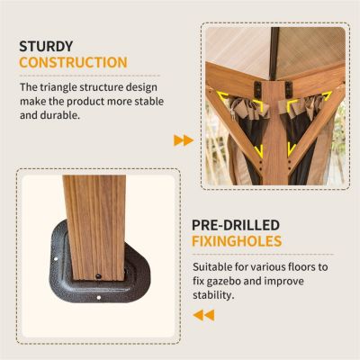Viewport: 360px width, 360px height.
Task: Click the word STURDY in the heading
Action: click(x=46, y=47)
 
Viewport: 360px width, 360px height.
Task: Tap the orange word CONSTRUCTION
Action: click(x=73, y=62)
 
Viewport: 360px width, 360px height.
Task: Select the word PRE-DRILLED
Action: click(x=236, y=225)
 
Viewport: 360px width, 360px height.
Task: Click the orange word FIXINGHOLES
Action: click(x=237, y=241)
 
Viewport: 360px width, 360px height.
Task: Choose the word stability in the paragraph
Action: click(x=213, y=295)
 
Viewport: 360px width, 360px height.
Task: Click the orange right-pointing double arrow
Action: click(x=184, y=140)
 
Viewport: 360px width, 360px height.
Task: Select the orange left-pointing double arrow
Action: click(x=203, y=315)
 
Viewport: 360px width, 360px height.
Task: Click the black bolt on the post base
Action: click(x=98, y=275)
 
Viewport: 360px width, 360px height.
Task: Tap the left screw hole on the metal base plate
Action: click(x=56, y=258)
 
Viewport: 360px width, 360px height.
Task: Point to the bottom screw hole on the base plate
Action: click(x=99, y=298)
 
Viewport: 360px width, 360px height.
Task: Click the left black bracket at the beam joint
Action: click(x=257, y=89)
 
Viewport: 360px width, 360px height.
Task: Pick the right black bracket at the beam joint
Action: click(x=289, y=89)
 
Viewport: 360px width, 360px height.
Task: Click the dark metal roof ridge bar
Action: click(x=274, y=53)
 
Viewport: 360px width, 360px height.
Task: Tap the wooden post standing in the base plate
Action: click(x=95, y=228)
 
